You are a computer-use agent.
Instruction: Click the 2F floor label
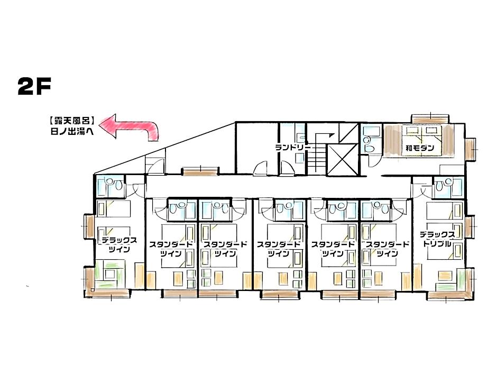click(x=34, y=87)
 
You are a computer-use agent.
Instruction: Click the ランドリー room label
click(x=291, y=148)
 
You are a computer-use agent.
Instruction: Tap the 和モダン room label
click(x=420, y=148)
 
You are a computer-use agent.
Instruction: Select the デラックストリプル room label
click(x=437, y=239)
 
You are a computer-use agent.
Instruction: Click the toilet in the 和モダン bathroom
click(x=367, y=141)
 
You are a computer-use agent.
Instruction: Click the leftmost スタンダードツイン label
click(x=171, y=249)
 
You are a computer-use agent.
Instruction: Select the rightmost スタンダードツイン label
click(x=388, y=249)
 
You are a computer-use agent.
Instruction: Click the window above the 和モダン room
click(x=430, y=117)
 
